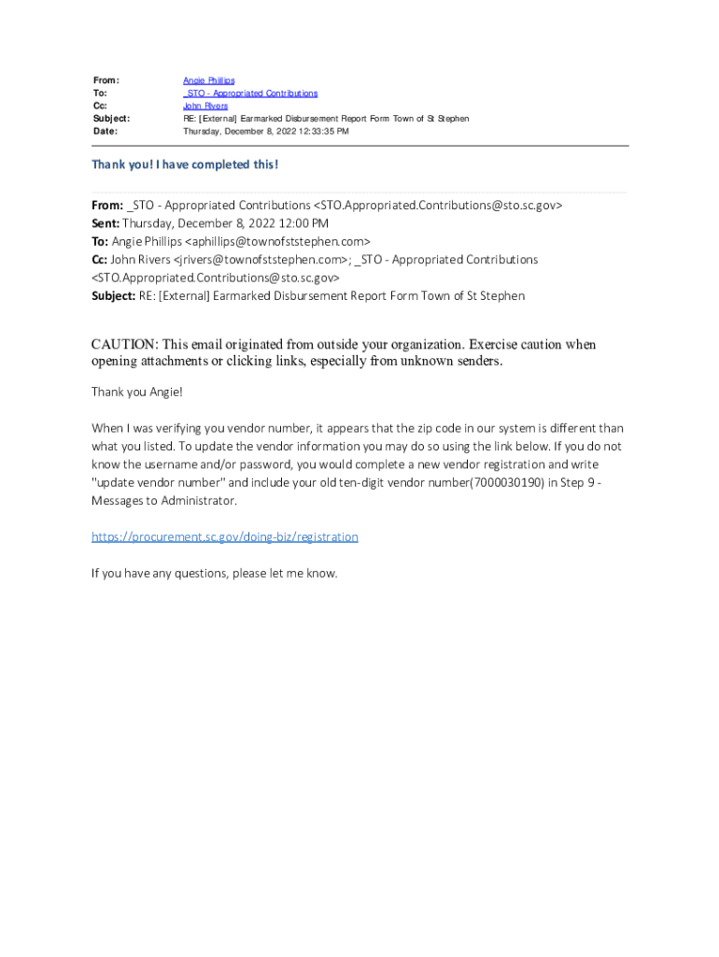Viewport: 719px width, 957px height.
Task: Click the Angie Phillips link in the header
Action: click(x=208, y=81)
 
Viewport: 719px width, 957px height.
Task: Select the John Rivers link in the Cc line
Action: click(x=204, y=107)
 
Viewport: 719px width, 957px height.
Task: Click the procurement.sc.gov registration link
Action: click(x=224, y=536)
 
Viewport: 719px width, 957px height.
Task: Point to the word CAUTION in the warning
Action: click(x=124, y=345)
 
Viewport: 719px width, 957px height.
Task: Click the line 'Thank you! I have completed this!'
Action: click(x=185, y=164)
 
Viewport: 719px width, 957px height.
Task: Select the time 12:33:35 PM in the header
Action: click(x=322, y=132)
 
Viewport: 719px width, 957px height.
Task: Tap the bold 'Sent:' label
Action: click(x=105, y=223)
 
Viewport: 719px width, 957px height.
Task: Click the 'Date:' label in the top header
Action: click(x=105, y=132)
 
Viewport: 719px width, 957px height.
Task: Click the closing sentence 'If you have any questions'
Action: click(x=214, y=573)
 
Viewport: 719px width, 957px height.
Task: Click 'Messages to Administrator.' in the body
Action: click(x=164, y=501)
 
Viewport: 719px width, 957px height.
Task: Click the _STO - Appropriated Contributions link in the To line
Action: click(x=250, y=93)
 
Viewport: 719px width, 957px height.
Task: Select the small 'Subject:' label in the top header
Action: click(x=111, y=119)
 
